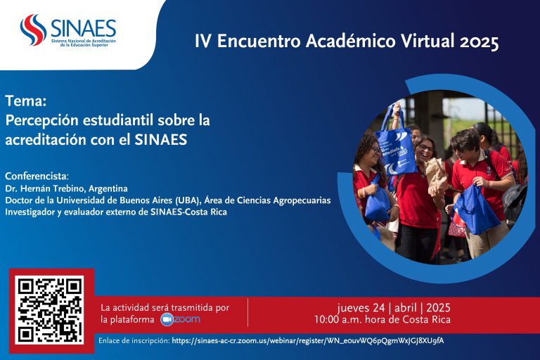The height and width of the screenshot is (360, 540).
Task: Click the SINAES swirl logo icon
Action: pos(33,30)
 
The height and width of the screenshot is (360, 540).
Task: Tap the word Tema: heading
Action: pos(26,101)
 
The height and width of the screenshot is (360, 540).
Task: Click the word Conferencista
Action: pos(36,176)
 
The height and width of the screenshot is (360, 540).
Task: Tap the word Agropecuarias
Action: pos(302,200)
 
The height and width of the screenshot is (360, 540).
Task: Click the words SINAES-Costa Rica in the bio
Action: pos(188,212)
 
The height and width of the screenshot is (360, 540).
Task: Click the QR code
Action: pos(51,309)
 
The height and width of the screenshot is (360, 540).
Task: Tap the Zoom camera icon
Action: pos(167,320)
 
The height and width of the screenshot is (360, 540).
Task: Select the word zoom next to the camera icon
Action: pos(187,319)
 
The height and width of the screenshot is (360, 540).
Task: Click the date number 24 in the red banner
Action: pos(379,308)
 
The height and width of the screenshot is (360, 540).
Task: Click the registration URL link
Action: pos(308,341)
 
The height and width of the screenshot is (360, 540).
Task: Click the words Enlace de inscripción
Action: pos(134,341)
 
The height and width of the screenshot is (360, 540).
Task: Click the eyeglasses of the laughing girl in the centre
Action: pos(426,148)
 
